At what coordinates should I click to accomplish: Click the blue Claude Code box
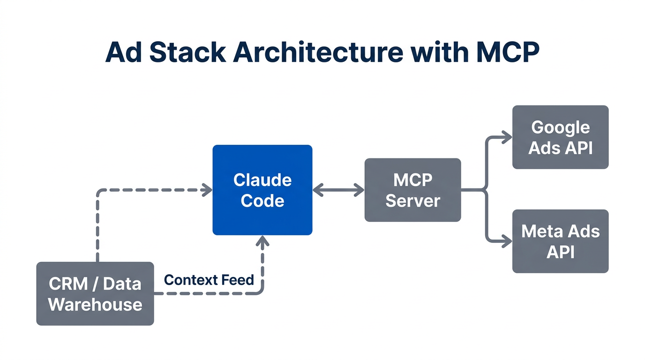click(x=262, y=190)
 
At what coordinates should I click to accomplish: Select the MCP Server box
click(x=412, y=190)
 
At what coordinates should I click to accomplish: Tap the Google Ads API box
click(x=560, y=137)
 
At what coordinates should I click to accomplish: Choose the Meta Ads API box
click(x=560, y=241)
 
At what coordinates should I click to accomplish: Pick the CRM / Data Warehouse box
click(x=95, y=293)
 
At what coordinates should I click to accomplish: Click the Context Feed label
click(x=209, y=280)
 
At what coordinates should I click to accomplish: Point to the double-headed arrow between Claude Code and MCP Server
click(x=338, y=190)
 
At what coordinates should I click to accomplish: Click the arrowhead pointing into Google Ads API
click(x=507, y=137)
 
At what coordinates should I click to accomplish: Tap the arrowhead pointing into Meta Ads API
click(x=507, y=242)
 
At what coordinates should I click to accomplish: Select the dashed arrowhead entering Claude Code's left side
click(x=207, y=190)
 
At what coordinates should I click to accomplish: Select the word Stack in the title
click(x=187, y=52)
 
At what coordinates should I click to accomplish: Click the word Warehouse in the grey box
click(x=95, y=304)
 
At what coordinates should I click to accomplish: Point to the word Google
click(x=560, y=127)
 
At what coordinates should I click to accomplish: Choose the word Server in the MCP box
click(x=412, y=201)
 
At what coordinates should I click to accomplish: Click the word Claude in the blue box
click(x=262, y=180)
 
